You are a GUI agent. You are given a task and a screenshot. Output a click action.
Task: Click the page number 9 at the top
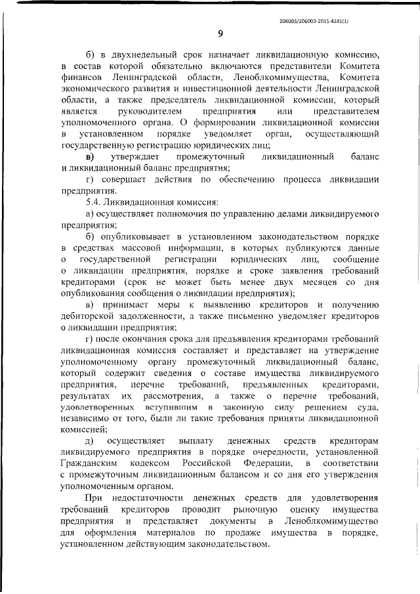[x=221, y=35]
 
